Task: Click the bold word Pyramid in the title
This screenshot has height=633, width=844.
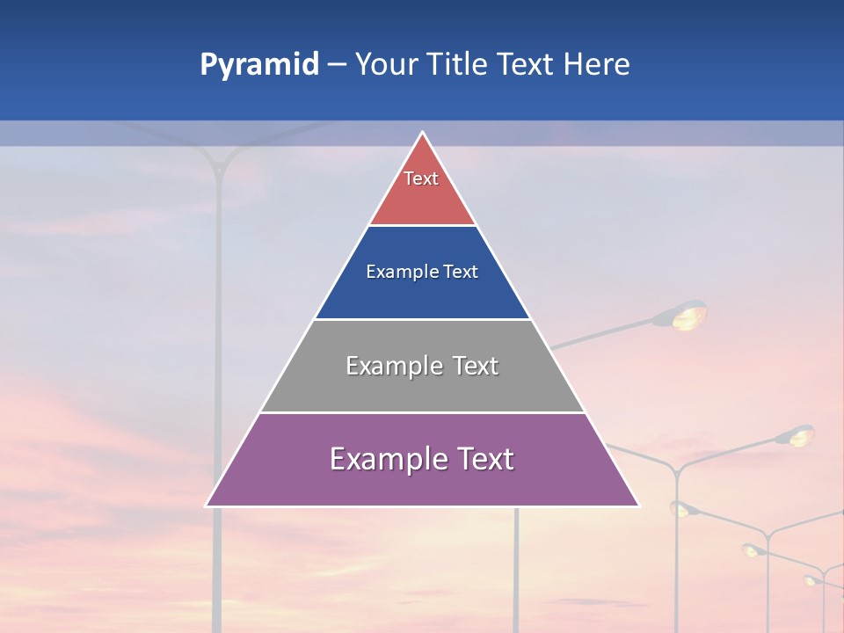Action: pos(258,65)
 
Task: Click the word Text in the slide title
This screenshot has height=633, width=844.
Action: pos(526,65)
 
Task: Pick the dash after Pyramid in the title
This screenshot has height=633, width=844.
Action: pos(337,65)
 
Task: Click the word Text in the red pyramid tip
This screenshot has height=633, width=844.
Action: pos(421,178)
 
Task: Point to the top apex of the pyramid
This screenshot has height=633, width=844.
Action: pos(423,133)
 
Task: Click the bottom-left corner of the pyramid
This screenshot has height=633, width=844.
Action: pos(207,506)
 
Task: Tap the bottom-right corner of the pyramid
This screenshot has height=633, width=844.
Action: pos(638,506)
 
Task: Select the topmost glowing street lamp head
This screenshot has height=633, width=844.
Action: pos(688,315)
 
